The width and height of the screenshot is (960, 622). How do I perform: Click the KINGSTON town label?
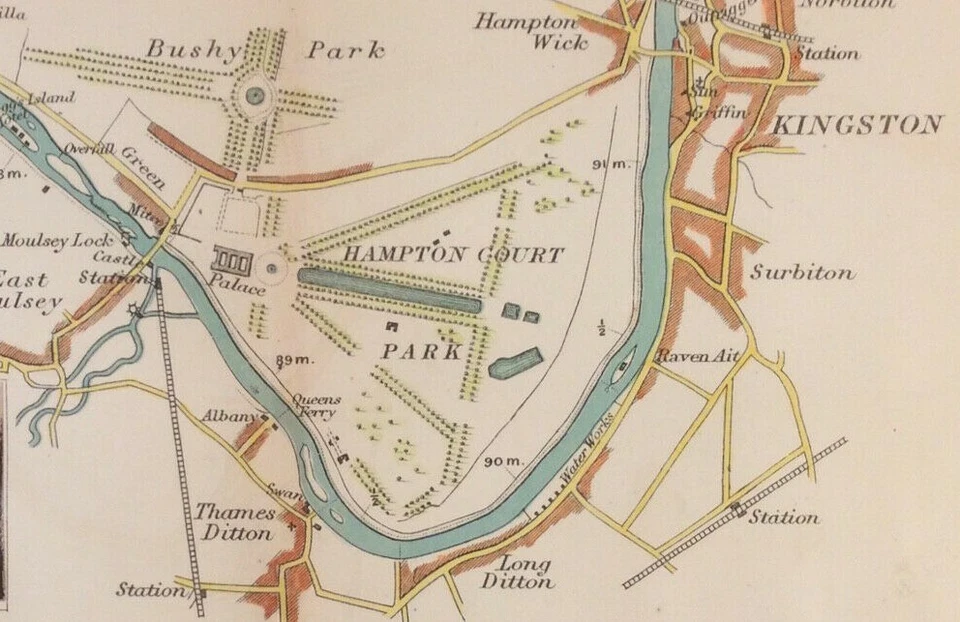pos(858,125)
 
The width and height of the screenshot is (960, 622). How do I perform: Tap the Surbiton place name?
pos(803,272)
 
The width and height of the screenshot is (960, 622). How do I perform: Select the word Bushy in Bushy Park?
pos(194,48)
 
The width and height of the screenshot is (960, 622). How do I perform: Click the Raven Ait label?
pos(683,355)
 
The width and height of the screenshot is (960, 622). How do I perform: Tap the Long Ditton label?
pos(517,572)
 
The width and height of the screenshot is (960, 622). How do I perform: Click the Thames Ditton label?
pos(237,521)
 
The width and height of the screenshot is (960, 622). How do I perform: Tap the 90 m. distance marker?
pos(504,461)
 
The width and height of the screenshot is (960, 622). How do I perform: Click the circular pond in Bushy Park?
pos(255,96)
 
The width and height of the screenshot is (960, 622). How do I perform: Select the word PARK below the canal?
pos(421,352)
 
